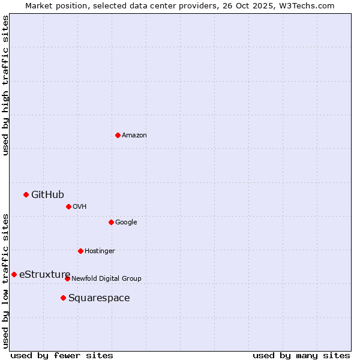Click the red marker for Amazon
[x=118, y=135]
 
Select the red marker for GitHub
[x=26, y=194]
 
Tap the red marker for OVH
[x=68, y=206]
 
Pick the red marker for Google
[x=111, y=222]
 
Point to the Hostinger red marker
[x=80, y=251]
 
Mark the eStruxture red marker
[x=14, y=274]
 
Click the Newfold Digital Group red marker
[x=67, y=278]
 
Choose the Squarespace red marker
[x=63, y=298]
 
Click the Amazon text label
[x=134, y=136]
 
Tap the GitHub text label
[x=47, y=194]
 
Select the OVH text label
[x=80, y=207]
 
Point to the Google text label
[x=126, y=223]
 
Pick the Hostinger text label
[x=100, y=251]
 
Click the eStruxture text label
[x=44, y=275]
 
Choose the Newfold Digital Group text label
[x=106, y=279]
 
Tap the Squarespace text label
[x=99, y=298]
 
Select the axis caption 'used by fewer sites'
[x=62, y=355]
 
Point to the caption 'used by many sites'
[x=301, y=355]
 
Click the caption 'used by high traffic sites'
[x=5, y=85]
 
